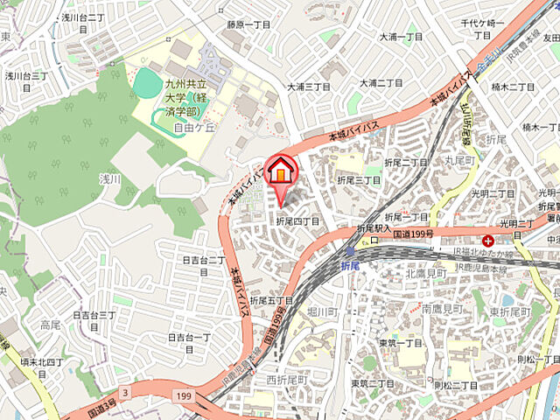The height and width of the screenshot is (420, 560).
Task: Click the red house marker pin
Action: coord(281,171)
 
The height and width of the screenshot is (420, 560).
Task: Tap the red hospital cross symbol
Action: coord(487,240)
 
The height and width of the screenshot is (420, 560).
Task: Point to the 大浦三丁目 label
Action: coord(309,87)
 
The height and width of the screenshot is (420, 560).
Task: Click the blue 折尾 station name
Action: coord(350,264)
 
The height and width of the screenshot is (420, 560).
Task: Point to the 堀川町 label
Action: coord(323,311)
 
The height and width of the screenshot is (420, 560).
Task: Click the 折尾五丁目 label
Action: coord(269,301)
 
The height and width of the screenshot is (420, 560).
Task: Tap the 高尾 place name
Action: coord(50,325)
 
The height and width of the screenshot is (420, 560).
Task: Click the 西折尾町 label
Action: coord(288,381)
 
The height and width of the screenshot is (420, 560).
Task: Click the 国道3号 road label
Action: coord(102,407)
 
